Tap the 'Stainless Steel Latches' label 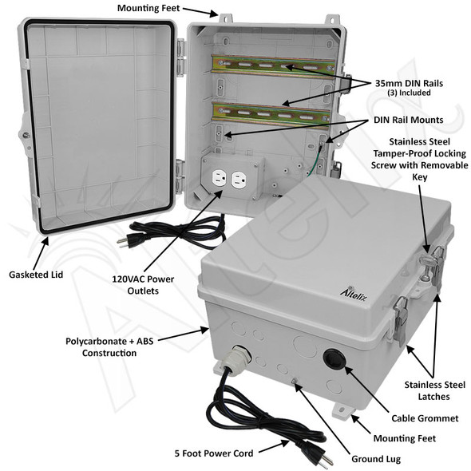432,390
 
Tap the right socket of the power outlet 237,182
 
